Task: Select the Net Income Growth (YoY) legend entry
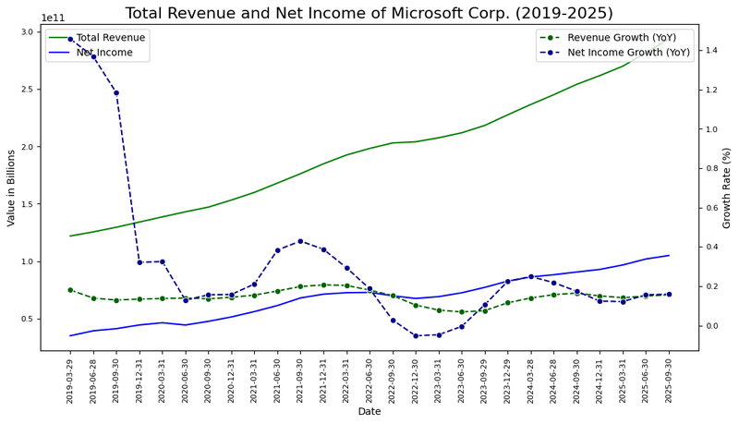(x=628, y=53)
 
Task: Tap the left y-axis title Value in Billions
(x=12, y=188)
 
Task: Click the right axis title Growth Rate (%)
(x=727, y=188)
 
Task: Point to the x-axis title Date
(x=369, y=411)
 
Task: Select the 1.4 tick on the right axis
(x=712, y=51)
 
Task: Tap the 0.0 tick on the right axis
(x=712, y=326)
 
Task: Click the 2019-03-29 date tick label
(x=70, y=380)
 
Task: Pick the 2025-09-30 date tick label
(x=669, y=380)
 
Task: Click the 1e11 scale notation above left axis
(x=55, y=18)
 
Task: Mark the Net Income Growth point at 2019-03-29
(x=70, y=39)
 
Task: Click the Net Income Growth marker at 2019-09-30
(x=116, y=92)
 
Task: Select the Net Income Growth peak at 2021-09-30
(x=300, y=241)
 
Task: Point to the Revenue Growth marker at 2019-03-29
(x=70, y=290)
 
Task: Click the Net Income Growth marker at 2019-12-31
(x=139, y=262)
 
